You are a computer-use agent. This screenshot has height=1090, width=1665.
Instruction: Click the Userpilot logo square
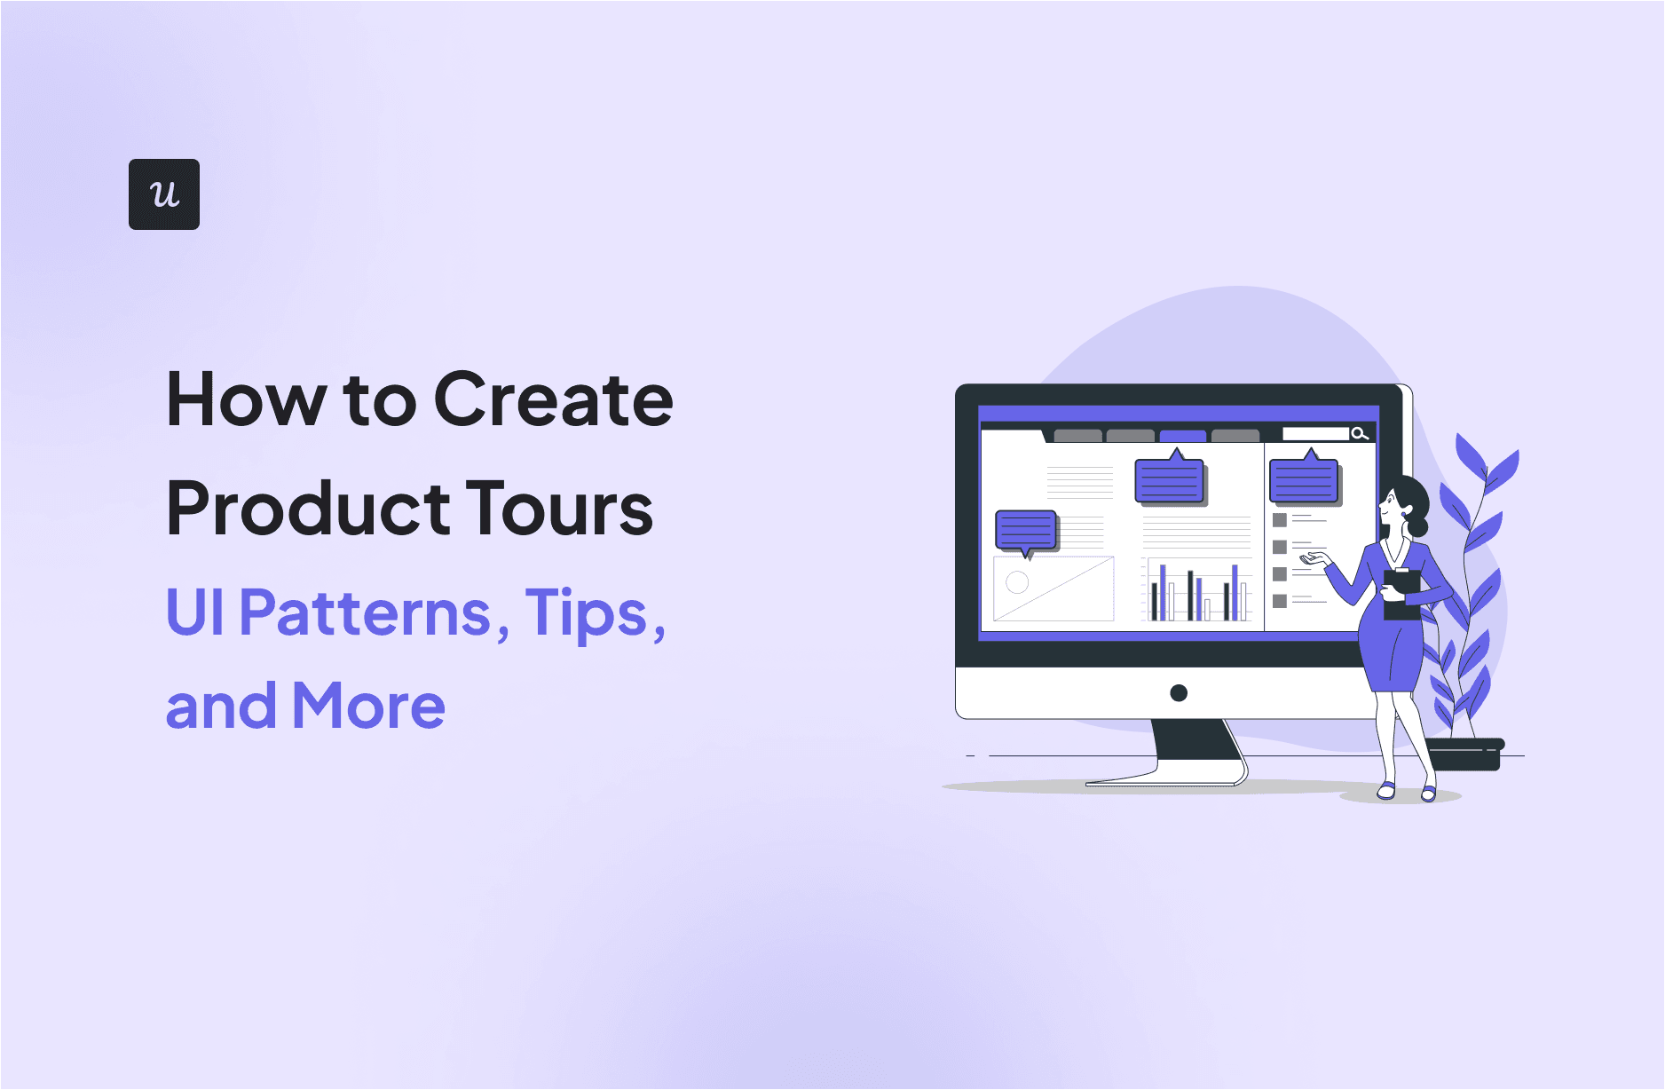tap(164, 194)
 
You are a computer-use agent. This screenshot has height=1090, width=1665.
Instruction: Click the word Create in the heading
tap(553, 400)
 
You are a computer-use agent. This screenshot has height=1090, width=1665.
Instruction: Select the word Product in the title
tap(308, 509)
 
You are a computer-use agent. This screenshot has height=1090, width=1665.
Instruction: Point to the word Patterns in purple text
tap(365, 612)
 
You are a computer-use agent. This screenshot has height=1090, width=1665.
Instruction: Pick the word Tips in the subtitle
tap(587, 612)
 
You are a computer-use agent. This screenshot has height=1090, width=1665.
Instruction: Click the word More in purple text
tap(368, 707)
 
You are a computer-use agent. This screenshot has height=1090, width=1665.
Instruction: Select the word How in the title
tap(247, 400)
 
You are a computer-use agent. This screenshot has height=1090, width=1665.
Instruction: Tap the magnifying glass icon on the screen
tap(1359, 433)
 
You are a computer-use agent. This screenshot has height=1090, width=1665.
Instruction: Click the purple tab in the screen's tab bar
tap(1182, 436)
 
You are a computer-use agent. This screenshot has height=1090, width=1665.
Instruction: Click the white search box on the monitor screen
tap(1315, 433)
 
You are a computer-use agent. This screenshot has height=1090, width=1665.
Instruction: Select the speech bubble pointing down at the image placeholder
tap(1026, 531)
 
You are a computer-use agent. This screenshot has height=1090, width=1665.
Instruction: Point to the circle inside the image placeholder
tap(1017, 582)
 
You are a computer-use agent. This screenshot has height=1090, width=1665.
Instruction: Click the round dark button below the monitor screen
tap(1179, 693)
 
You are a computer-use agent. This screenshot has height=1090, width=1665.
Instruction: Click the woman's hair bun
tap(1417, 527)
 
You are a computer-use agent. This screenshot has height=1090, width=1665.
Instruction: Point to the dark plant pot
tap(1465, 754)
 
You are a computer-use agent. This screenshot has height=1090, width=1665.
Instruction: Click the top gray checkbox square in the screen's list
tap(1280, 520)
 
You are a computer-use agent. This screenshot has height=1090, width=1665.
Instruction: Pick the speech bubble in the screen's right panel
tap(1303, 481)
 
